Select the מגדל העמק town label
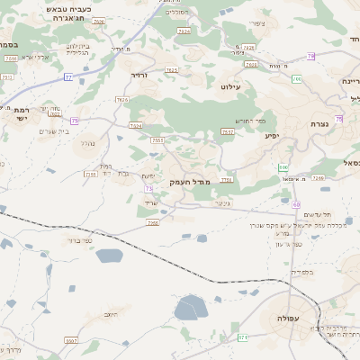[190, 183]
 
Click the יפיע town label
[271, 136]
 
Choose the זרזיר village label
[139, 76]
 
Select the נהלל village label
[87, 143]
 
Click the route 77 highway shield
[68, 78]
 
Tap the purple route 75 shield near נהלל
[75, 120]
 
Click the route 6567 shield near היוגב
[71, 341]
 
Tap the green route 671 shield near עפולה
[243, 337]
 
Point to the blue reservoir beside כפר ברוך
[108, 256]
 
